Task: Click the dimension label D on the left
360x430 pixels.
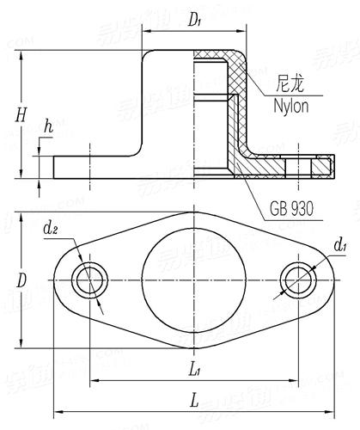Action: tap(22, 280)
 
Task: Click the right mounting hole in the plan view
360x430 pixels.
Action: tap(301, 280)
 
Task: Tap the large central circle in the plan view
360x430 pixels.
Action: tap(195, 280)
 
